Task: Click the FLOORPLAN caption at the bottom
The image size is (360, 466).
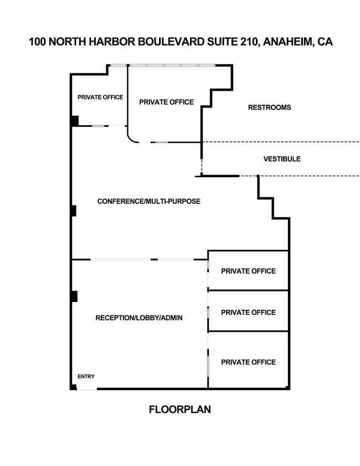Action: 180,410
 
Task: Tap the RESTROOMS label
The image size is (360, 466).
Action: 269,107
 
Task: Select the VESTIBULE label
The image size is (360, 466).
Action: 282,159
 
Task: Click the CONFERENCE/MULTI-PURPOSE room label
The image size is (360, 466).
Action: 149,201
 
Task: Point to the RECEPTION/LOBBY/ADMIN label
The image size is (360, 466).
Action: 139,318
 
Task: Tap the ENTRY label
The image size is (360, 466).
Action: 86,377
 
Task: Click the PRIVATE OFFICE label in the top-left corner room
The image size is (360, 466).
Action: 100,98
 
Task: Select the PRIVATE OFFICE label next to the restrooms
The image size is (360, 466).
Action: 166,102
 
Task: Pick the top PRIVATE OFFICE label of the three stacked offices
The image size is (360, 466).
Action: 248,271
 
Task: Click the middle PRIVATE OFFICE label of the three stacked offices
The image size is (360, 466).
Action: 248,313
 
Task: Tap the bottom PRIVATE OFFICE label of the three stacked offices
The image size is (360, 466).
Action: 248,362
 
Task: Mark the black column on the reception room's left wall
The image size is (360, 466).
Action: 74,296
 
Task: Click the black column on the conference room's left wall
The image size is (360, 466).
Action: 73,211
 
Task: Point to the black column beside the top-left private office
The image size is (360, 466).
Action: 74,120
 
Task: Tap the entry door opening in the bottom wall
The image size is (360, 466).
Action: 86,389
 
